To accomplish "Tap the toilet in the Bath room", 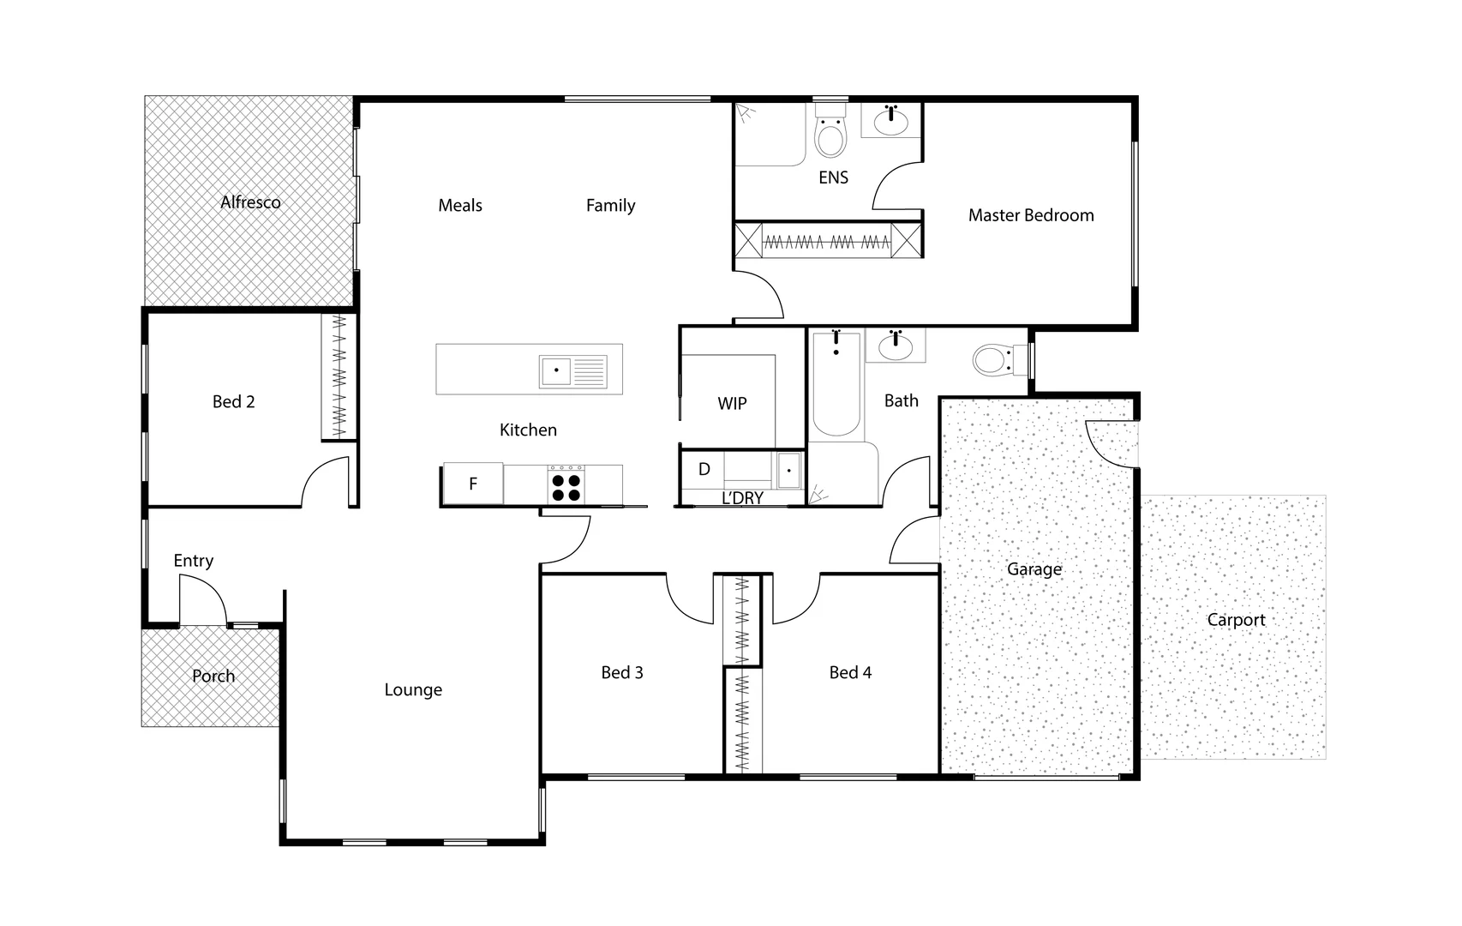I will [x=994, y=360].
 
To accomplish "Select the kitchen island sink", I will [x=556, y=371].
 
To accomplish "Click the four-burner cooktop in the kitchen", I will [x=566, y=487].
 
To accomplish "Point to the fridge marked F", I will [x=472, y=484].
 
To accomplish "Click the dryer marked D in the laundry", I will [x=704, y=469].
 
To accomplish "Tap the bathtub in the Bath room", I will [x=836, y=386].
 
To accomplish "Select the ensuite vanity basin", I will [x=891, y=121].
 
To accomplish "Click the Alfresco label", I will [x=250, y=202].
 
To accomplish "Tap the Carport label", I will [x=1235, y=620].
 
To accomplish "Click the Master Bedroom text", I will [x=1030, y=215].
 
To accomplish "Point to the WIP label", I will [x=732, y=403].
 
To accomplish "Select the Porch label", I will [x=213, y=676].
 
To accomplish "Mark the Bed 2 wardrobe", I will [x=339, y=377].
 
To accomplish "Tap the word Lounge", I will [x=413, y=689].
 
